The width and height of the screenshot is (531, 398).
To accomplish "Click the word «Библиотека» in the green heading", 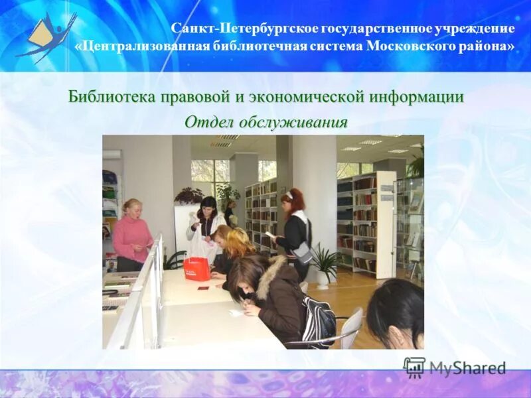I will coord(112,97).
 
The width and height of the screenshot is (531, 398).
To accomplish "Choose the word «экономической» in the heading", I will coord(310,97).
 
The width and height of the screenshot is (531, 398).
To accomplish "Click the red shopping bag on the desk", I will coord(196,269).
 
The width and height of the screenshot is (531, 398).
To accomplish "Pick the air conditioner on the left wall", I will coord(112,155).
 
